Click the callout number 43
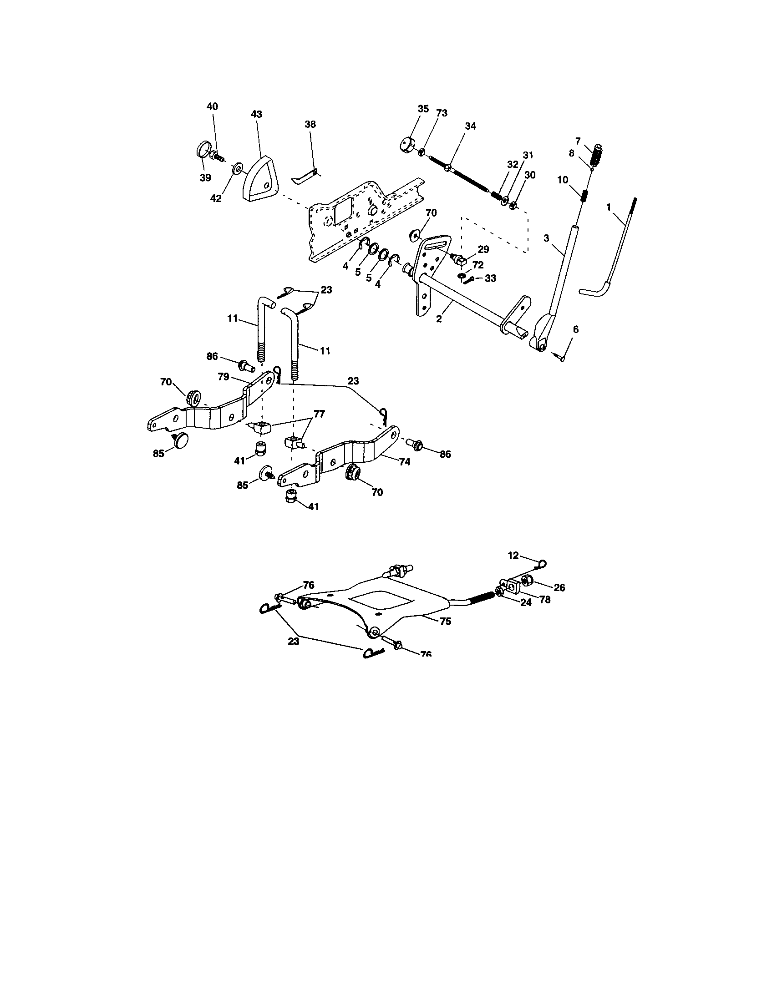click(257, 114)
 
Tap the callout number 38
click(310, 124)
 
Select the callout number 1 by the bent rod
click(609, 207)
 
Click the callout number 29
click(483, 249)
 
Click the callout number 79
click(223, 377)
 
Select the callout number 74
click(404, 462)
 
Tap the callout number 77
click(319, 414)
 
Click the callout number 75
click(445, 621)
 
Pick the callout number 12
click(513, 556)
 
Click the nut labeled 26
click(528, 581)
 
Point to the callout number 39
click(205, 178)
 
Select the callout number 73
click(442, 113)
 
